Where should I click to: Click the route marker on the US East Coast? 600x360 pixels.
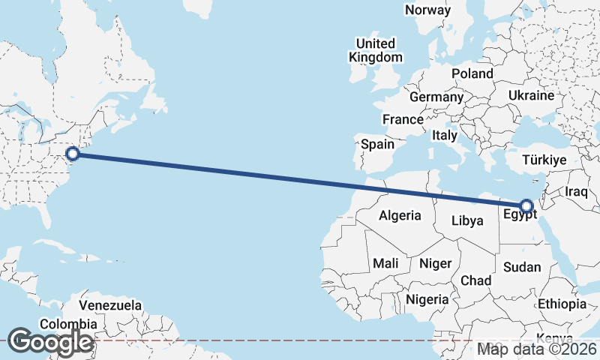pyautogui.click(x=73, y=154)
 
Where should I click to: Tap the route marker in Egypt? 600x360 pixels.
pyautogui.click(x=526, y=205)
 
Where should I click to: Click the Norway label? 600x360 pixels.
pyautogui.click(x=427, y=10)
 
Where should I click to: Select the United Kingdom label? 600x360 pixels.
pyautogui.click(x=377, y=50)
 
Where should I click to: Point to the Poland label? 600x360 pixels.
pyautogui.click(x=472, y=73)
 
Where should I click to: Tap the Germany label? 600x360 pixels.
pyautogui.click(x=436, y=97)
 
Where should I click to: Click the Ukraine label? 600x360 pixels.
pyautogui.click(x=530, y=96)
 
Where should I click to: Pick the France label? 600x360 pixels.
pyautogui.click(x=403, y=120)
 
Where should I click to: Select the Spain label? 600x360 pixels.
pyautogui.click(x=377, y=144)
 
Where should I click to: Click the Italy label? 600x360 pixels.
pyautogui.click(x=444, y=136)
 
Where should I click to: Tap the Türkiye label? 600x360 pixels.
pyautogui.click(x=544, y=160)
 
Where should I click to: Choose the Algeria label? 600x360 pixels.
pyautogui.click(x=400, y=216)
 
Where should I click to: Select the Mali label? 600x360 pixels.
pyautogui.click(x=385, y=264)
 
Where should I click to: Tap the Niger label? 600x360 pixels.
pyautogui.click(x=435, y=264)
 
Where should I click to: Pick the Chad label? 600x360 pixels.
pyautogui.click(x=476, y=280)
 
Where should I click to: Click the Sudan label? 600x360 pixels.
pyautogui.click(x=522, y=267)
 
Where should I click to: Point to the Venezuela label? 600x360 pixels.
pyautogui.click(x=110, y=305)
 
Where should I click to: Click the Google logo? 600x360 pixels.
pyautogui.click(x=50, y=342)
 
